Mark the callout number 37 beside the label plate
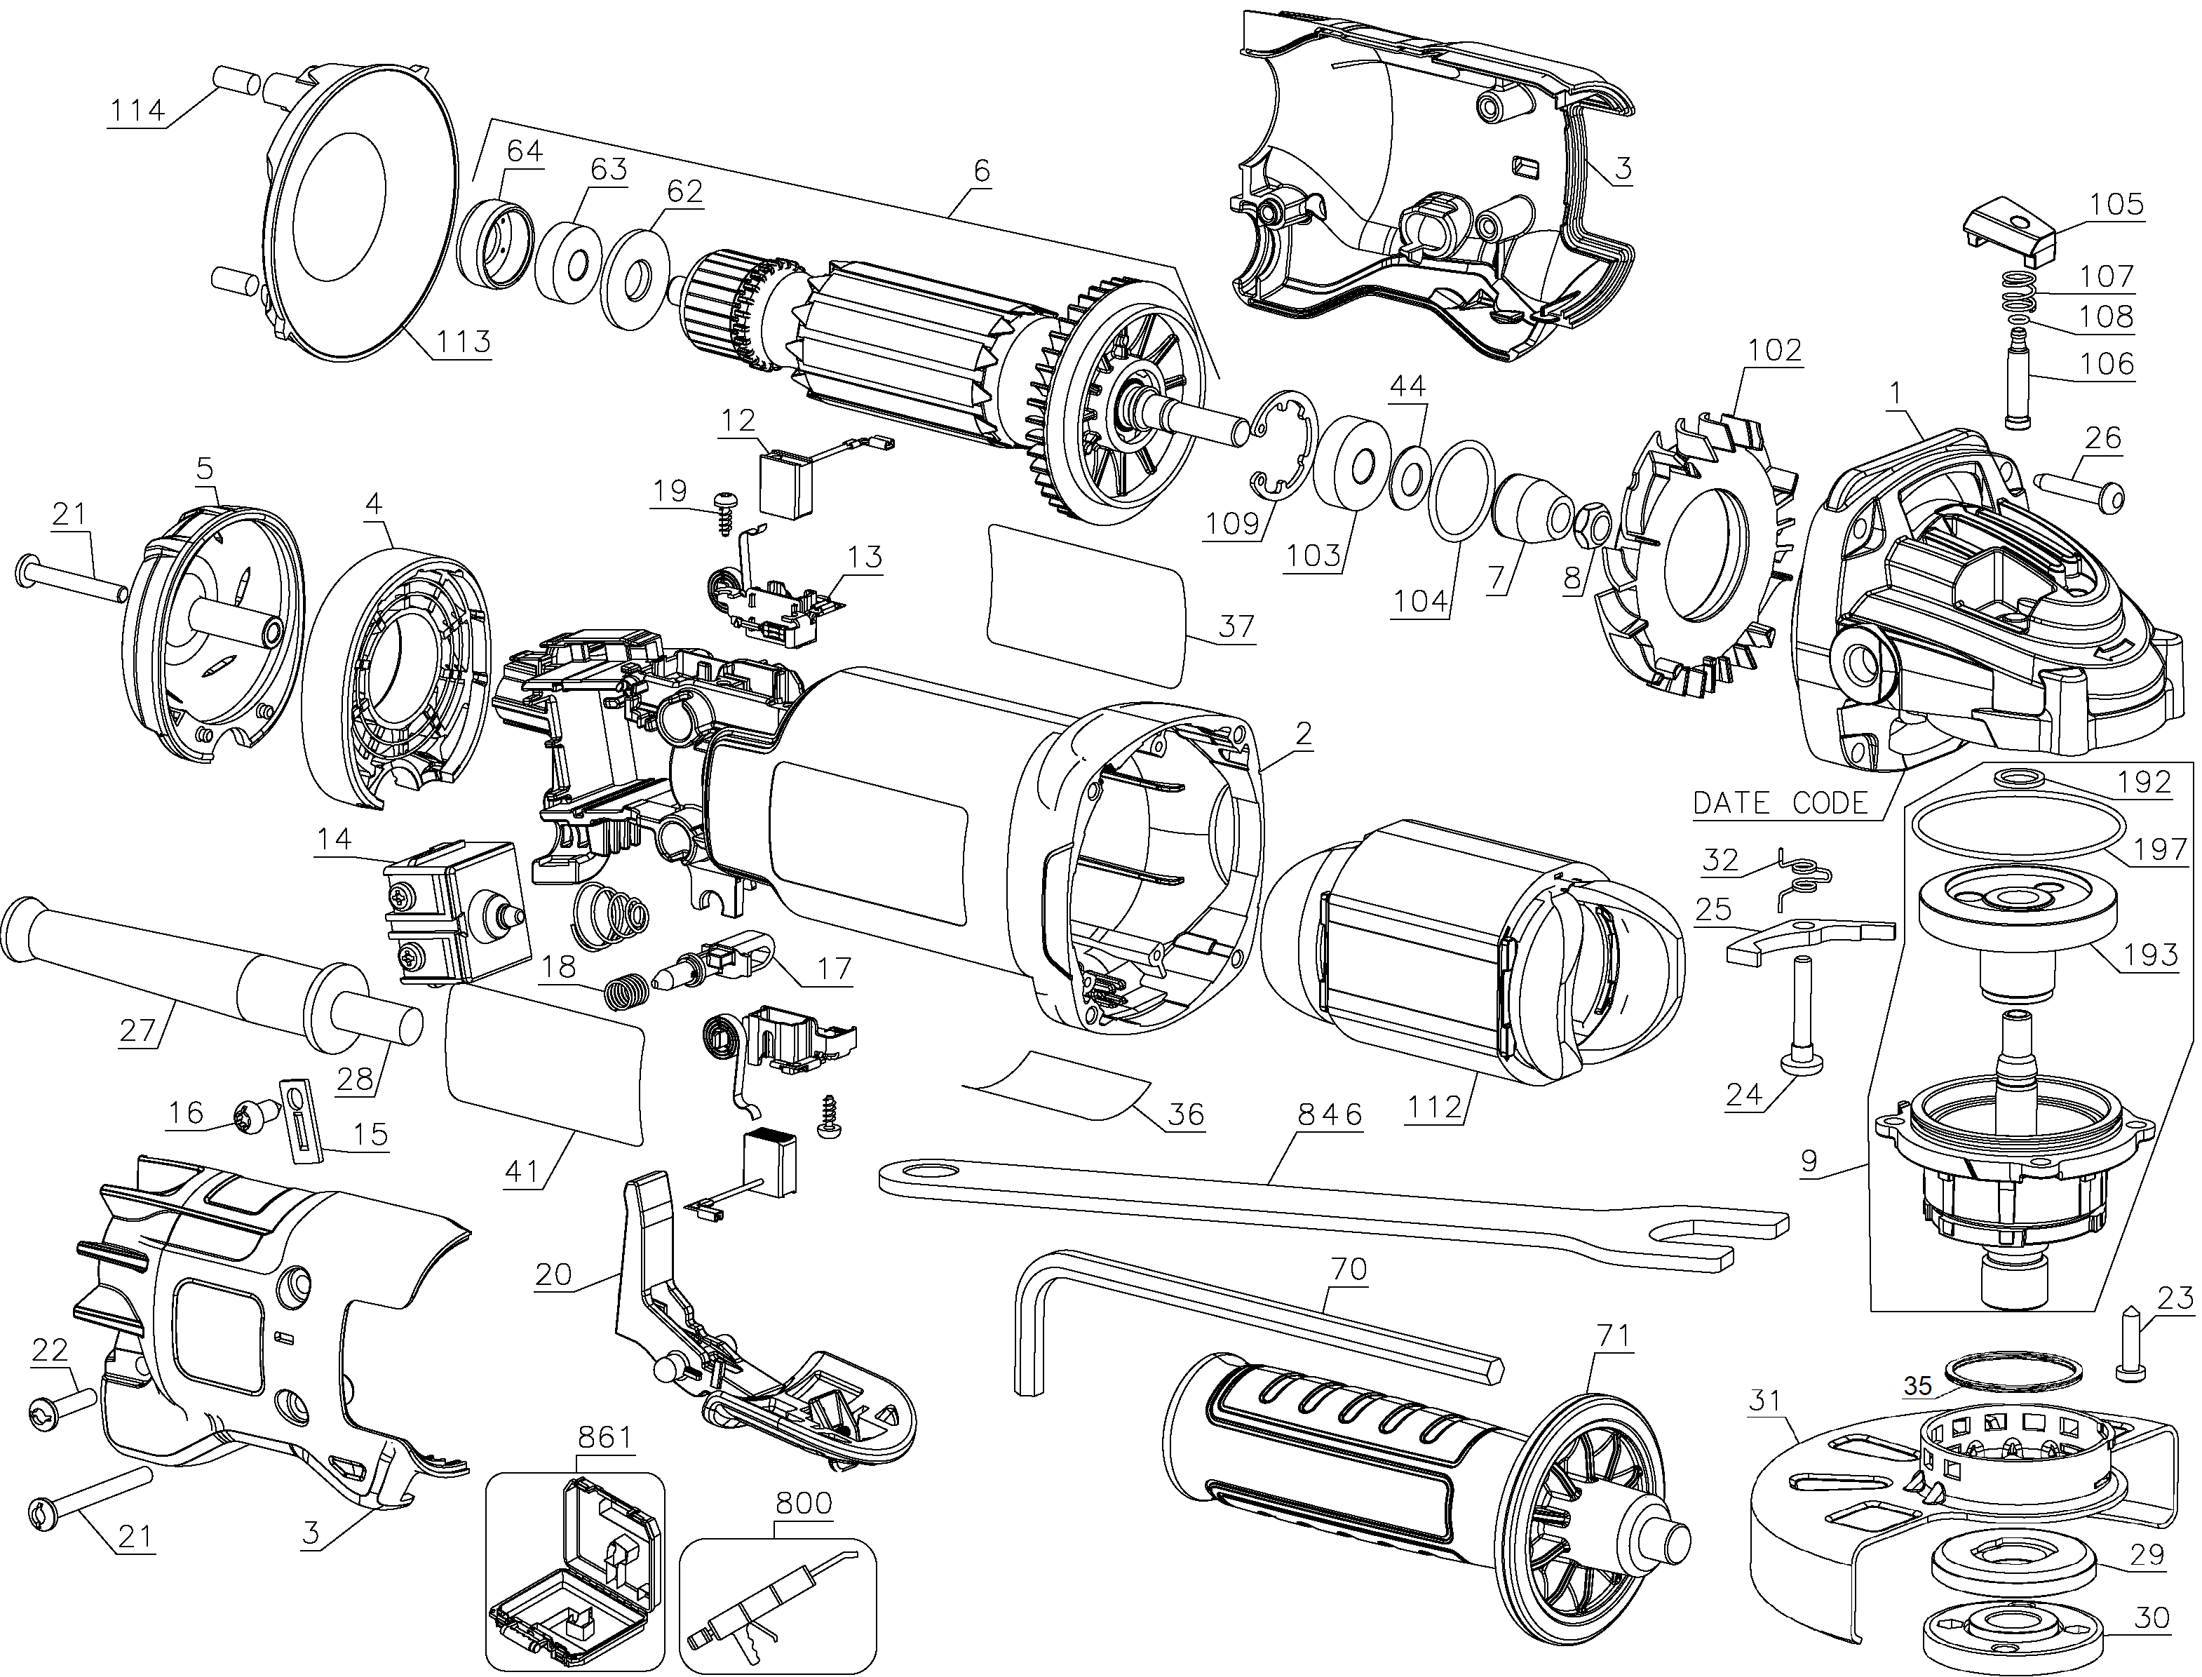tap(1236, 625)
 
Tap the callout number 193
tap(2151, 955)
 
